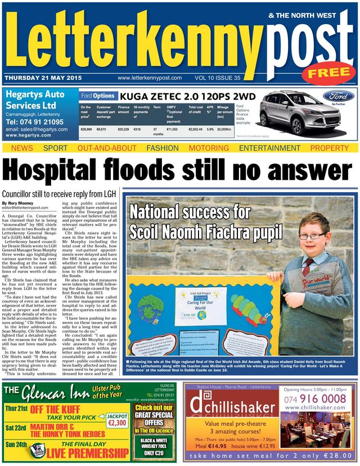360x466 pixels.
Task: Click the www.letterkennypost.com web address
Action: tap(150, 78)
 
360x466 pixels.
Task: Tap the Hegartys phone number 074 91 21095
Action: tap(35, 121)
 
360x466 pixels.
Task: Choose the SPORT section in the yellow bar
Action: tap(55, 148)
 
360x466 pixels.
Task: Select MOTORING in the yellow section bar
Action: tap(208, 148)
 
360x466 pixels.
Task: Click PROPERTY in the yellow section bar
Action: tap(330, 148)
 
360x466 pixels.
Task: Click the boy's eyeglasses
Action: tap(313, 236)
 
